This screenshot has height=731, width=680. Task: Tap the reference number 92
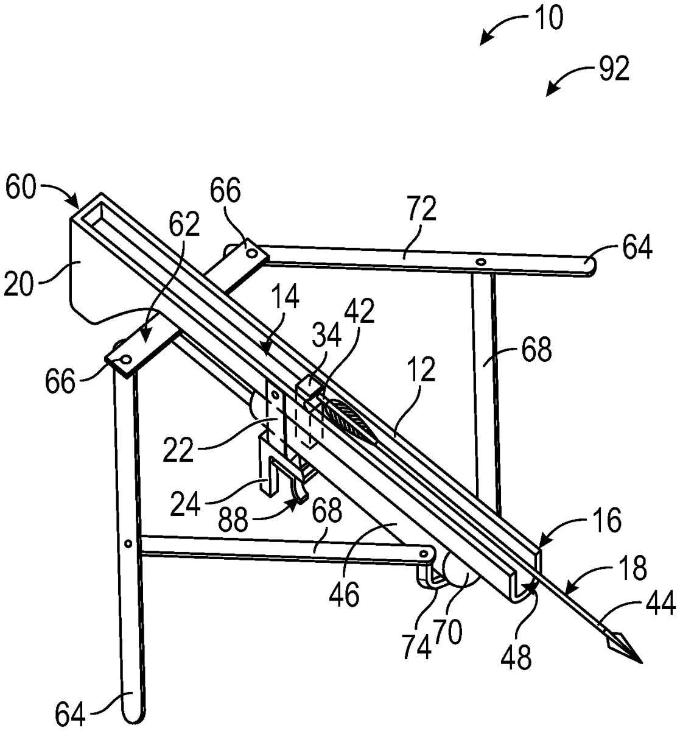click(614, 69)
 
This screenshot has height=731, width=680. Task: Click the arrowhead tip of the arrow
click(642, 663)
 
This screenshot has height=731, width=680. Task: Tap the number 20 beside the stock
click(18, 285)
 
